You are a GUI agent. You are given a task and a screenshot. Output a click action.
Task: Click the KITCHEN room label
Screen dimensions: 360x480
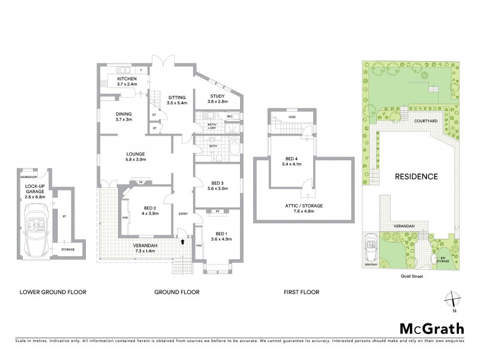[127, 79]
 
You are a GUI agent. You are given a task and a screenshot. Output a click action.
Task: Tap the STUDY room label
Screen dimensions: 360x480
[217, 96]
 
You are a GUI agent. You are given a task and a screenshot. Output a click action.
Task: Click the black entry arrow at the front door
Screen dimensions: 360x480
[183, 241]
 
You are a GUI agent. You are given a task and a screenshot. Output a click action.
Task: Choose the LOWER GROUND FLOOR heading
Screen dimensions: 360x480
[53, 292]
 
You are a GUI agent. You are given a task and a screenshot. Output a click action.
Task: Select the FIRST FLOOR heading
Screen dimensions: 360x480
[301, 292]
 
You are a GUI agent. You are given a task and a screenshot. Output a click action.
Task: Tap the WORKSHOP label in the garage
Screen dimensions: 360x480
[29, 178]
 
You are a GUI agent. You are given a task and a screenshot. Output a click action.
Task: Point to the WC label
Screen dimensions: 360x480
[230, 115]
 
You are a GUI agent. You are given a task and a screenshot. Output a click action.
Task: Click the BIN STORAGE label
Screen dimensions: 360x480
[443, 259]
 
